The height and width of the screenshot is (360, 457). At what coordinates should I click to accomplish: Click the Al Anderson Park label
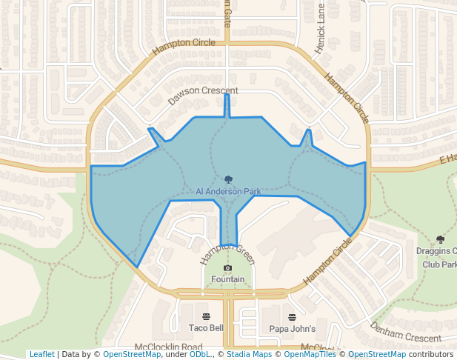tap(228, 191)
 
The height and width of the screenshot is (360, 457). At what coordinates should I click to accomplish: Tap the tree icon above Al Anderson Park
tap(228, 179)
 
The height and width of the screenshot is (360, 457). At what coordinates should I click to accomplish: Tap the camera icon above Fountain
tap(227, 267)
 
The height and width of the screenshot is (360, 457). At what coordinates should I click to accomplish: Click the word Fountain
tap(227, 279)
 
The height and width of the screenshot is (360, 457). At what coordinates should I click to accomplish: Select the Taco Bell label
tap(206, 328)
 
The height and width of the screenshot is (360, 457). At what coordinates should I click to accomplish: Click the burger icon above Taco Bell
tap(206, 316)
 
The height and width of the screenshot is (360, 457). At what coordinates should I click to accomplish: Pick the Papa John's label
tap(292, 328)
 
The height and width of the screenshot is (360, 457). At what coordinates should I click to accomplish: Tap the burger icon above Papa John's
tap(292, 316)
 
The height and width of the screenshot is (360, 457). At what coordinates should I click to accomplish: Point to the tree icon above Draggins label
tap(441, 239)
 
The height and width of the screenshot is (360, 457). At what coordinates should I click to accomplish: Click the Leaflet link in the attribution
tap(41, 354)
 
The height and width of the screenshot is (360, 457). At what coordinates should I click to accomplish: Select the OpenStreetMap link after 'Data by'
tap(132, 354)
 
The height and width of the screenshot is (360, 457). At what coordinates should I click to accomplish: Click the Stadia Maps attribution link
tap(249, 354)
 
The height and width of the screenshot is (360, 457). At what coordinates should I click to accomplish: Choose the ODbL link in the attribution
tap(200, 354)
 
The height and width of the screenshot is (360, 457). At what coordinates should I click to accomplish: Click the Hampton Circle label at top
tap(184, 47)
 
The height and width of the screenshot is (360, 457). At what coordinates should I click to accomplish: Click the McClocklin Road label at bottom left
tap(169, 347)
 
